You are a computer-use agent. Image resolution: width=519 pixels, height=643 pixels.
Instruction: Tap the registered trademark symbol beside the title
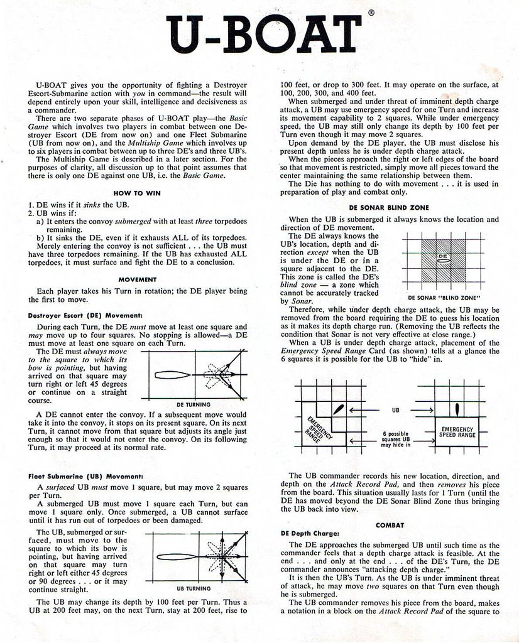[372, 12]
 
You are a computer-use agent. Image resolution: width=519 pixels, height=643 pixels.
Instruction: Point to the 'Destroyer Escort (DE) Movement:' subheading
[85, 315]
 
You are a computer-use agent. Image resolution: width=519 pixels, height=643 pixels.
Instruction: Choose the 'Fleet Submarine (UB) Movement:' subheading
[85, 476]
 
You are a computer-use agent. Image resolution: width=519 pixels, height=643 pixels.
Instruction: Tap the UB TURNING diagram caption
[194, 588]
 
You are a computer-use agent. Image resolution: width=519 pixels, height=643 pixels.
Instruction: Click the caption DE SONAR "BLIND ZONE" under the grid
[444, 297]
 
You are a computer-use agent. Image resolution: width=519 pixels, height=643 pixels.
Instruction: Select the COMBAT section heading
[390, 524]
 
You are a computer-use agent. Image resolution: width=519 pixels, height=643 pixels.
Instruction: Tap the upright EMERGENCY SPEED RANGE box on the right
[457, 431]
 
